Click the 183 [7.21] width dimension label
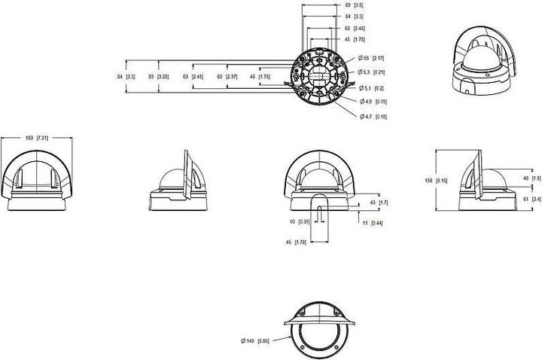coord(36,138)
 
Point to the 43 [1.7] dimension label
coord(378,203)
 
